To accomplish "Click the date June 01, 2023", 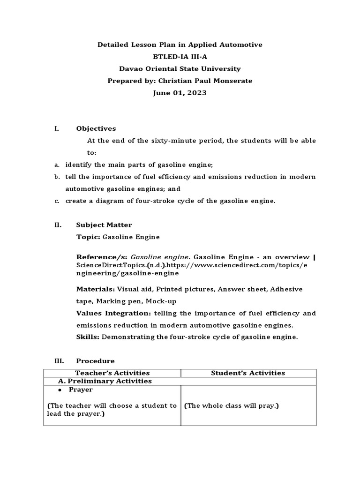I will [x=180, y=93].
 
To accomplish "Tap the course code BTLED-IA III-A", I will [x=180, y=57].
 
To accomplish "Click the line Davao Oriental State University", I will [x=180, y=69].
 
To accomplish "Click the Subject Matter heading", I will [x=104, y=225].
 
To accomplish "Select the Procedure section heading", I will [x=95, y=361].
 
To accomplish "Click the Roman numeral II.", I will [x=58, y=225].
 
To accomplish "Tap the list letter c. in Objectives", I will [x=56, y=201].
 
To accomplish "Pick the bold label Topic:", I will [x=88, y=237].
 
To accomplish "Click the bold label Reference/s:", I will [x=102, y=257].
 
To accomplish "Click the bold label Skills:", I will [x=88, y=337].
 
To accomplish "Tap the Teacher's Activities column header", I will [x=112, y=373].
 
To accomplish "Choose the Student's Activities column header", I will [x=248, y=373].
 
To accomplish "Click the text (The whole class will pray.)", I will [x=231, y=405].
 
